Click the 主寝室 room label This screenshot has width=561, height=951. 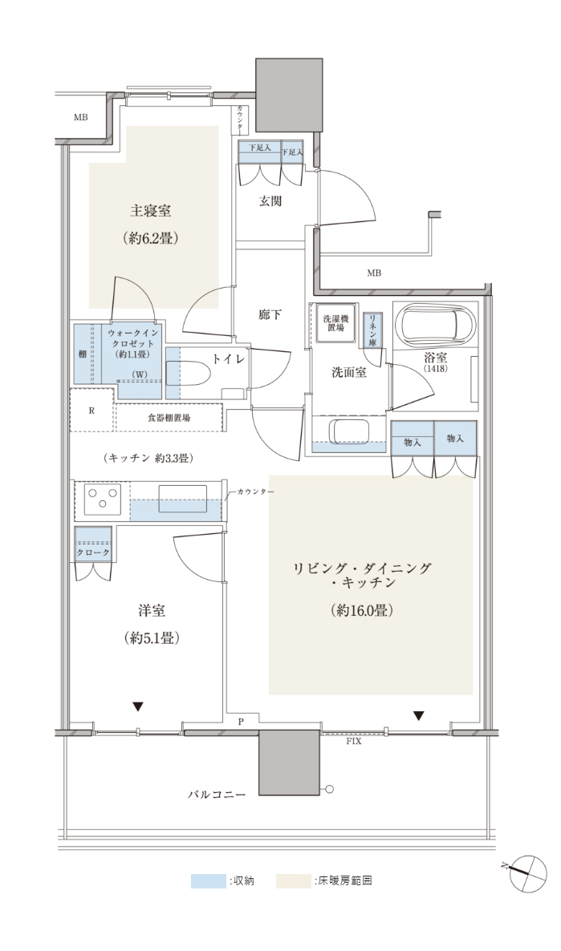tap(150, 210)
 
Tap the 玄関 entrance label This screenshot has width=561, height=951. tap(270, 201)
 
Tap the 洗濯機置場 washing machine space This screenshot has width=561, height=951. tap(333, 322)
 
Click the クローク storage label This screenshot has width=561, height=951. tap(93, 553)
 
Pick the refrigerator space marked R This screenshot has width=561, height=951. tap(92, 410)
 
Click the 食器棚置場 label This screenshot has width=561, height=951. tap(169, 418)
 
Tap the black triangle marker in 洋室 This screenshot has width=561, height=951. tap(138, 706)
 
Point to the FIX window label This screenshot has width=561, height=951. tap(353, 742)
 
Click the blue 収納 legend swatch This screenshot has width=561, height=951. tap(208, 880)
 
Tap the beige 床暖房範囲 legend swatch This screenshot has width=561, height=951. tap(294, 880)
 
